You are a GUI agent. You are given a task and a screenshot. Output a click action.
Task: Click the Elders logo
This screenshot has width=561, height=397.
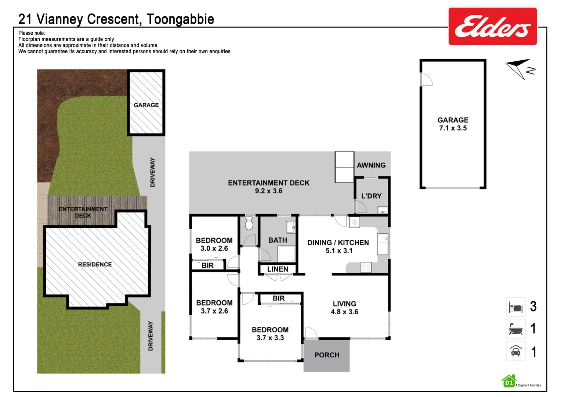click(x=492, y=26)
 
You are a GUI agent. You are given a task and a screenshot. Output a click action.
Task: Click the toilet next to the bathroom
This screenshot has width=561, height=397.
click(x=249, y=223)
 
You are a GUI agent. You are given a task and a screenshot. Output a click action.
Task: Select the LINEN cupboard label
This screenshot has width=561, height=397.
click(x=278, y=269)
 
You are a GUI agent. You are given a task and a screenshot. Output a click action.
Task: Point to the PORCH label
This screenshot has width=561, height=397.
click(x=327, y=355)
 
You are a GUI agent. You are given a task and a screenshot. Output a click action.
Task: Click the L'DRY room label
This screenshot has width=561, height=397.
click(x=371, y=196)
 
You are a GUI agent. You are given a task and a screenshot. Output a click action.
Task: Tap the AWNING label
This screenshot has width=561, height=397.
click(x=371, y=165)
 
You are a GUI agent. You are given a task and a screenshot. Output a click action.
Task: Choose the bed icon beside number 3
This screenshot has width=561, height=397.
click(x=515, y=307)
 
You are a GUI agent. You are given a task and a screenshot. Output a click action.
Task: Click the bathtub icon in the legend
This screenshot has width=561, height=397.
click(x=515, y=329)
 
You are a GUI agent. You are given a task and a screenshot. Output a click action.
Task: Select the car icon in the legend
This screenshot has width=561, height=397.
click(x=515, y=351)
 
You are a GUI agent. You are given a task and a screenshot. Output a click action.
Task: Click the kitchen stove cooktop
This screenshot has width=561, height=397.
click(x=366, y=267)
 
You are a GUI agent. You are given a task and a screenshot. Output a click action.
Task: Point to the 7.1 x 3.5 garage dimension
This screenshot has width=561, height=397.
click(x=453, y=128)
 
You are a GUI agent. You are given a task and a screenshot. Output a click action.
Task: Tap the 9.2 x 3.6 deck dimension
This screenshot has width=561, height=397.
click(x=268, y=191)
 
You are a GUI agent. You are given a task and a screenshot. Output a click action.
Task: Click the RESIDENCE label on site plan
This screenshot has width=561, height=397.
click(x=95, y=264)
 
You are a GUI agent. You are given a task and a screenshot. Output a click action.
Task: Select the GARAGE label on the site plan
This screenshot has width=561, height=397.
click(x=146, y=105)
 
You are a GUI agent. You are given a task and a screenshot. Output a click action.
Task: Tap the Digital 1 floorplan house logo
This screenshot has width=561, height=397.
click(x=509, y=381)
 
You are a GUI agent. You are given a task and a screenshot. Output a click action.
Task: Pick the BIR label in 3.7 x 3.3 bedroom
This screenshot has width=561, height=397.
click(x=278, y=298)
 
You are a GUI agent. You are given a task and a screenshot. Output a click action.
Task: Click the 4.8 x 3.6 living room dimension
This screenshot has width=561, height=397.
click(x=344, y=312)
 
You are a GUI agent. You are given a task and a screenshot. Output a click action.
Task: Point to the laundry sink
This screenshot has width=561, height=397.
click(x=383, y=210)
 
